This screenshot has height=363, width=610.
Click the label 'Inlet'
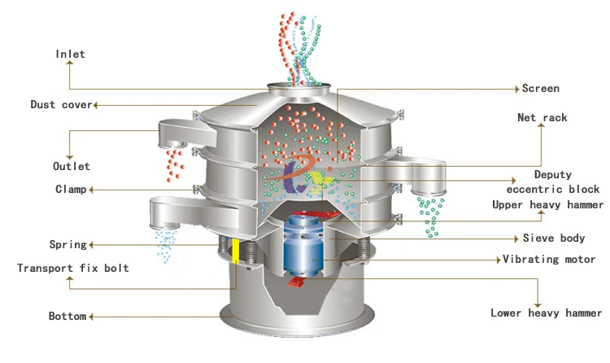point(70,55)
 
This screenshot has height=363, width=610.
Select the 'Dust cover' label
point(61,105)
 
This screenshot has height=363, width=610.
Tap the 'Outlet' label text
point(72,166)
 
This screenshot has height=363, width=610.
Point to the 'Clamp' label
point(70,190)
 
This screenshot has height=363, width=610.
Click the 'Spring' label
point(68,244)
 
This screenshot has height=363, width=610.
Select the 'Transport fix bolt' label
point(73,268)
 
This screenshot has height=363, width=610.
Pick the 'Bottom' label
point(67,316)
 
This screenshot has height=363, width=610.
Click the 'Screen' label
point(541,88)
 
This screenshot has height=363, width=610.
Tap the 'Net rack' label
point(542,118)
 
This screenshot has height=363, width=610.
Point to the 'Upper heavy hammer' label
point(547,205)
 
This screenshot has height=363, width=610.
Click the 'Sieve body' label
point(554,238)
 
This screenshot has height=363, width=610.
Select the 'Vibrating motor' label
point(549,260)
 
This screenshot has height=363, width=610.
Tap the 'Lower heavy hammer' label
point(546,313)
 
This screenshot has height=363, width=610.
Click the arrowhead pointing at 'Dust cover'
point(97,105)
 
